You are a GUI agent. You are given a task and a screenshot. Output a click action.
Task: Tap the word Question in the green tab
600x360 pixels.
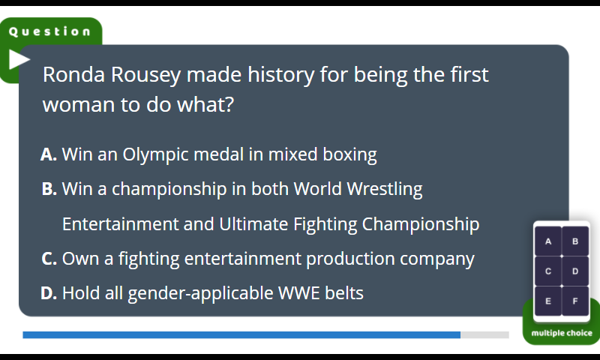[x=49, y=31]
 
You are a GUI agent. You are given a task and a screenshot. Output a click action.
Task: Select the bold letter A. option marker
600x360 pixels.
[x=49, y=154]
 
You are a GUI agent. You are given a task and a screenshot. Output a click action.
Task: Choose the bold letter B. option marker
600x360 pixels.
[x=49, y=189]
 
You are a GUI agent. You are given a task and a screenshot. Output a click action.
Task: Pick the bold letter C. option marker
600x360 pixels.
[x=49, y=259]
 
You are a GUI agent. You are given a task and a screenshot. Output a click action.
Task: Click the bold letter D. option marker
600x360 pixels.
[x=49, y=293]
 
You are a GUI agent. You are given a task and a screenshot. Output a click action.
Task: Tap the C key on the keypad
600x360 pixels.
[x=548, y=271]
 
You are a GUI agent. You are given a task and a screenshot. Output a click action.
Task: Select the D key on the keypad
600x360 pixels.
[x=575, y=271]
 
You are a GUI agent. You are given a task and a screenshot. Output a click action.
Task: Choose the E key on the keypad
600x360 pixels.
[x=548, y=301]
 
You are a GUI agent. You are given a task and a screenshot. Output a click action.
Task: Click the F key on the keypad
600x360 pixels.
[x=575, y=301]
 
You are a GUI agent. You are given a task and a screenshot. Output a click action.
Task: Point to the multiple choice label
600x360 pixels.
[x=562, y=333]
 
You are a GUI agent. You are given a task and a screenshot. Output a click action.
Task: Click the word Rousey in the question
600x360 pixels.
[x=145, y=74]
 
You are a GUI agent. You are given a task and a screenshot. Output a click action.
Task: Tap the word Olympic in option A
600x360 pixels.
[x=156, y=155]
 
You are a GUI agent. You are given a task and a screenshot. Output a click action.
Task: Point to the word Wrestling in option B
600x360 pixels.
[x=385, y=189]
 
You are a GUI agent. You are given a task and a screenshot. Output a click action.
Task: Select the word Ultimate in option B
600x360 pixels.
[x=253, y=224]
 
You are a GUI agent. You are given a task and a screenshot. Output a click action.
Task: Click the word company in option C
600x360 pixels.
[x=437, y=259]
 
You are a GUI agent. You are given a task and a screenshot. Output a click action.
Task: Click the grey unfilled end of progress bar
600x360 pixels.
[x=484, y=335]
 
